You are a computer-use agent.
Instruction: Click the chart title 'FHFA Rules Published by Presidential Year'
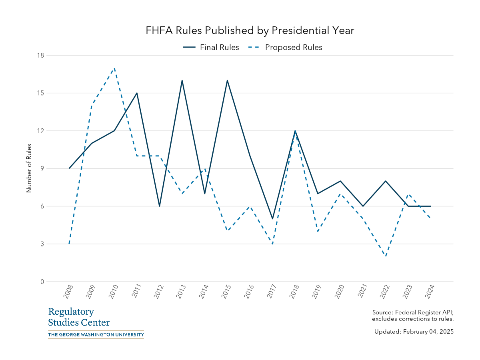click(250, 31)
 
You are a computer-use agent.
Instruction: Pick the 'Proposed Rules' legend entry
click(294, 47)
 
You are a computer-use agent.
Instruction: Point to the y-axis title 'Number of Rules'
click(29, 168)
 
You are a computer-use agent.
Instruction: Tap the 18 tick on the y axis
click(40, 55)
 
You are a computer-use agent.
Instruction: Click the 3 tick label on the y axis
click(42, 244)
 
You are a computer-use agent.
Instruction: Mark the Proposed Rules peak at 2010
click(114, 68)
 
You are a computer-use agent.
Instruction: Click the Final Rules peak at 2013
click(182, 80)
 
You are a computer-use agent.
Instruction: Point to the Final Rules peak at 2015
click(227, 80)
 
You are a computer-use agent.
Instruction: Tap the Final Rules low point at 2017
click(272, 219)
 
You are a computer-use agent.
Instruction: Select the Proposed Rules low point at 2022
click(385, 256)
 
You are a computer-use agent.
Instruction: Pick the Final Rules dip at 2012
click(160, 206)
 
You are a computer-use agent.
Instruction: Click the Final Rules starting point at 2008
click(69, 168)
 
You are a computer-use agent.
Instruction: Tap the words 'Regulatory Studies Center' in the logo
click(79, 317)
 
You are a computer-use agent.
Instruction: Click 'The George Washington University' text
click(96, 334)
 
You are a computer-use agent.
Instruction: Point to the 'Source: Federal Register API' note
click(412, 312)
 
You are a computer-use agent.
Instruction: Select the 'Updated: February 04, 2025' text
click(414, 332)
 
